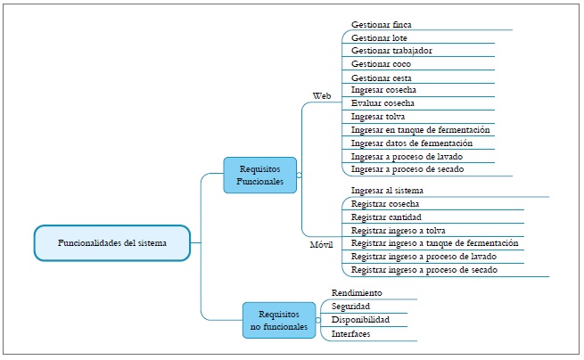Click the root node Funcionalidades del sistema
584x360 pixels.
[112, 242]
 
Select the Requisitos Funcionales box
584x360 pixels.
[259, 175]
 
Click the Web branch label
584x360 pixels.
[322, 95]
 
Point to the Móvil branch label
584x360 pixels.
[321, 244]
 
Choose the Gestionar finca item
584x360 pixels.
[382, 24]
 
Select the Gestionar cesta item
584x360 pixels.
[382, 78]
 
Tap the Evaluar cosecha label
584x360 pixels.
[384, 103]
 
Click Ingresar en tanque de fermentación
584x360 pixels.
[420, 130]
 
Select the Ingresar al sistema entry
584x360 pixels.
[387, 190]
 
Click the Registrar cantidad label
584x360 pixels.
[387, 217]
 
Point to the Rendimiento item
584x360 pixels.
[357, 292]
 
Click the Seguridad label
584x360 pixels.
[350, 306]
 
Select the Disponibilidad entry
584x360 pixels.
[360, 319]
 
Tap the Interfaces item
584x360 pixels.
[350, 333]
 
